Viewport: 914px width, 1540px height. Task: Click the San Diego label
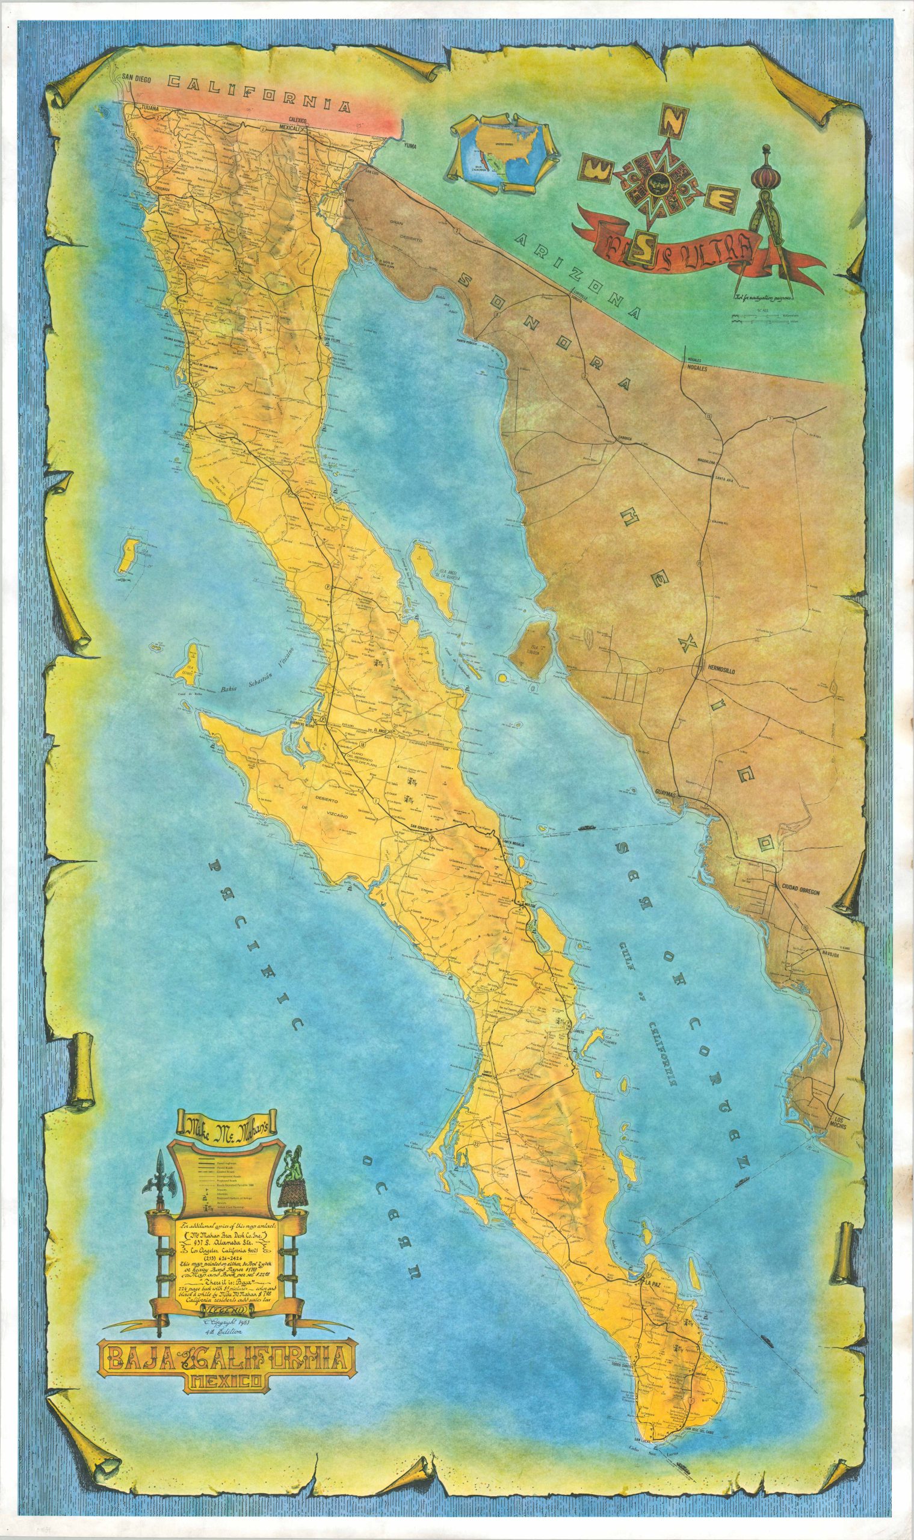pyautogui.click(x=135, y=77)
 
